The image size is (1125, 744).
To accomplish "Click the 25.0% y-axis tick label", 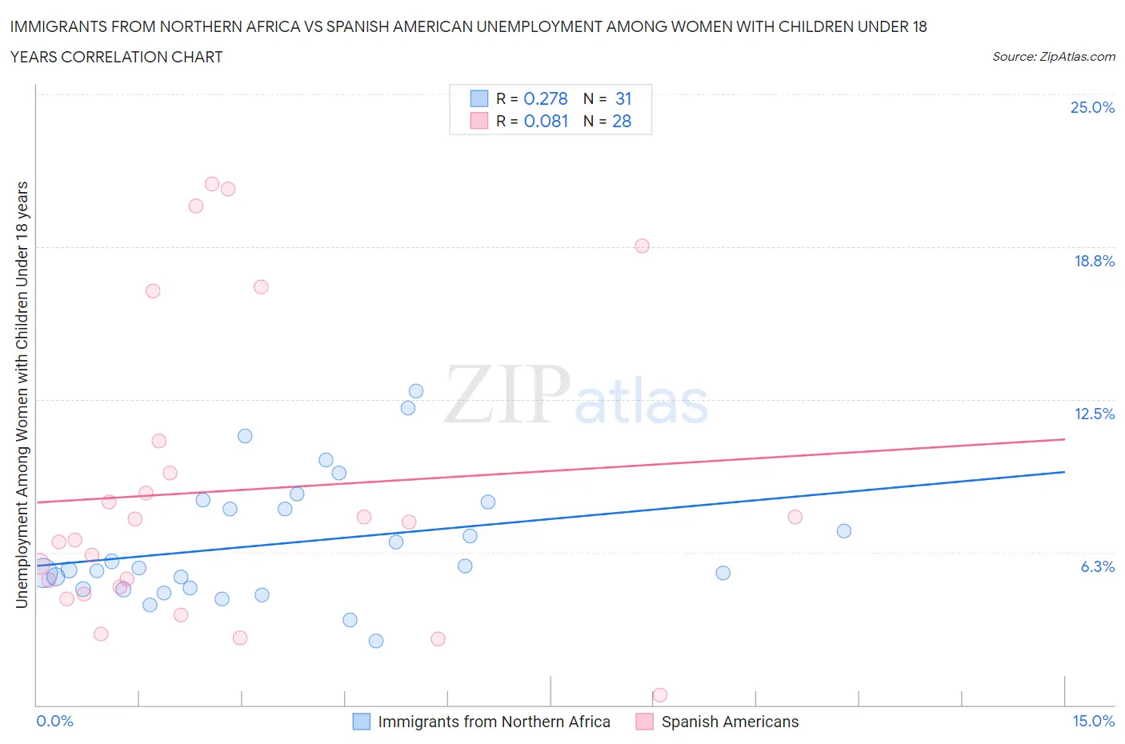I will [x=1092, y=108].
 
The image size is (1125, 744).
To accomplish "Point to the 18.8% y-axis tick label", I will [x=1094, y=261].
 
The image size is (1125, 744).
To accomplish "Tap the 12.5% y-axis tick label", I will [x=1094, y=414].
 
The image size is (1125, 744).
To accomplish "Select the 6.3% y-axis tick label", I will [x=1097, y=566].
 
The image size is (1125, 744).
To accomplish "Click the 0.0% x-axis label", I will [x=54, y=721].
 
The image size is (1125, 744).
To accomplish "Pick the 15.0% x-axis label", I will [x=1093, y=721].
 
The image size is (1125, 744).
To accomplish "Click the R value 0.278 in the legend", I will [x=545, y=98].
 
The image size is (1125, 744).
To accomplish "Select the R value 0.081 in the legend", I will [x=546, y=121].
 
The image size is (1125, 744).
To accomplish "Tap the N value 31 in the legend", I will [x=623, y=98].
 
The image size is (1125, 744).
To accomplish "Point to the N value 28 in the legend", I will [x=622, y=121].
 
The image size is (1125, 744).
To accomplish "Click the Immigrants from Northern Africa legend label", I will [x=494, y=722].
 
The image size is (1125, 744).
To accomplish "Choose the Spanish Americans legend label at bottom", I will [x=730, y=722].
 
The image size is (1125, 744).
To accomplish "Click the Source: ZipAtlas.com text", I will [x=1053, y=57].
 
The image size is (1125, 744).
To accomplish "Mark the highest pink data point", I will [x=212, y=184].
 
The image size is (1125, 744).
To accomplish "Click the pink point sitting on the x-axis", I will [x=660, y=694].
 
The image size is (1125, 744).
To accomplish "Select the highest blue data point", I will [x=416, y=391].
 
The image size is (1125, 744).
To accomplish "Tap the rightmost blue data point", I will [x=844, y=531].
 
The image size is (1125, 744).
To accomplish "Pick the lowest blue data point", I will [x=376, y=641].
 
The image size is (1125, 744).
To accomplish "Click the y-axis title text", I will [x=22, y=394].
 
